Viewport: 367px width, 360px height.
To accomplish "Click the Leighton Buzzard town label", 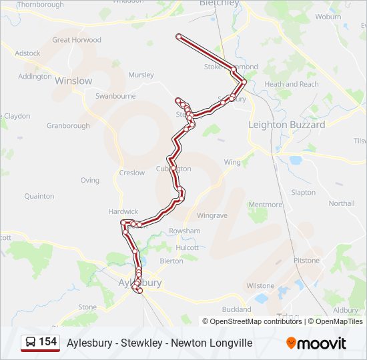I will [x=287, y=125].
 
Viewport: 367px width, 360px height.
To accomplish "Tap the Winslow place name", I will [x=73, y=81].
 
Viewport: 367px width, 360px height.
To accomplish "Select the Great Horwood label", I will [x=77, y=40].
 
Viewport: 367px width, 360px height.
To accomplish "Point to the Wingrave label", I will [x=212, y=215].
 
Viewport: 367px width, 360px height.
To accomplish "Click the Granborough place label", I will [x=68, y=125].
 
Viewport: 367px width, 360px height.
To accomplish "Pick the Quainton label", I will [x=39, y=196].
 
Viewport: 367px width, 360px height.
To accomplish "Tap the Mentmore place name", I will [x=265, y=205].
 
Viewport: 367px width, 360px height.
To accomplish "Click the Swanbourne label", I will [x=115, y=96].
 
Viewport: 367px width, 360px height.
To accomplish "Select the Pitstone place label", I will [x=307, y=261].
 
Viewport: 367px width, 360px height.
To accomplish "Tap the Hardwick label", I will [x=123, y=211].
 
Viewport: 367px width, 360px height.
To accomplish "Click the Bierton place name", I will [x=171, y=261].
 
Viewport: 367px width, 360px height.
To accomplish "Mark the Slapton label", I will [x=304, y=193].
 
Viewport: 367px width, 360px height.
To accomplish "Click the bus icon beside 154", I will [x=31, y=343].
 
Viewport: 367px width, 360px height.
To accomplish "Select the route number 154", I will [x=48, y=342].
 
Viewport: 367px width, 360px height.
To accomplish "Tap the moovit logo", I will [x=316, y=343].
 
